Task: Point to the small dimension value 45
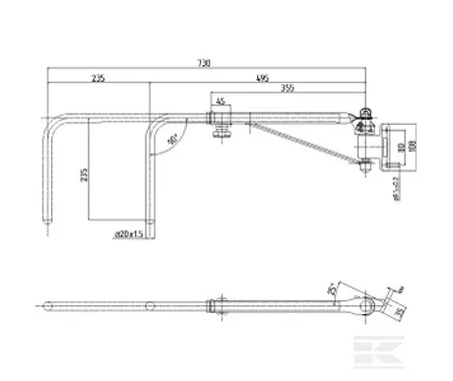point(220,100)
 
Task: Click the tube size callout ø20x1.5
point(129,234)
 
